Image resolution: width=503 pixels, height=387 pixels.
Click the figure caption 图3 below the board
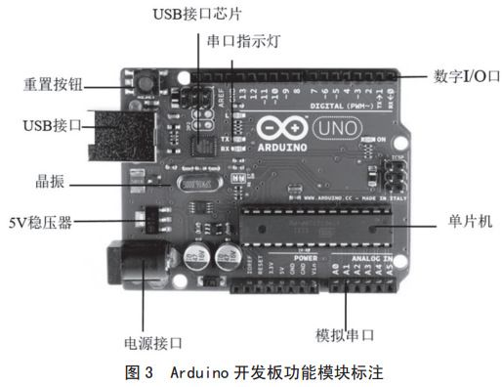click(x=251, y=372)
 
